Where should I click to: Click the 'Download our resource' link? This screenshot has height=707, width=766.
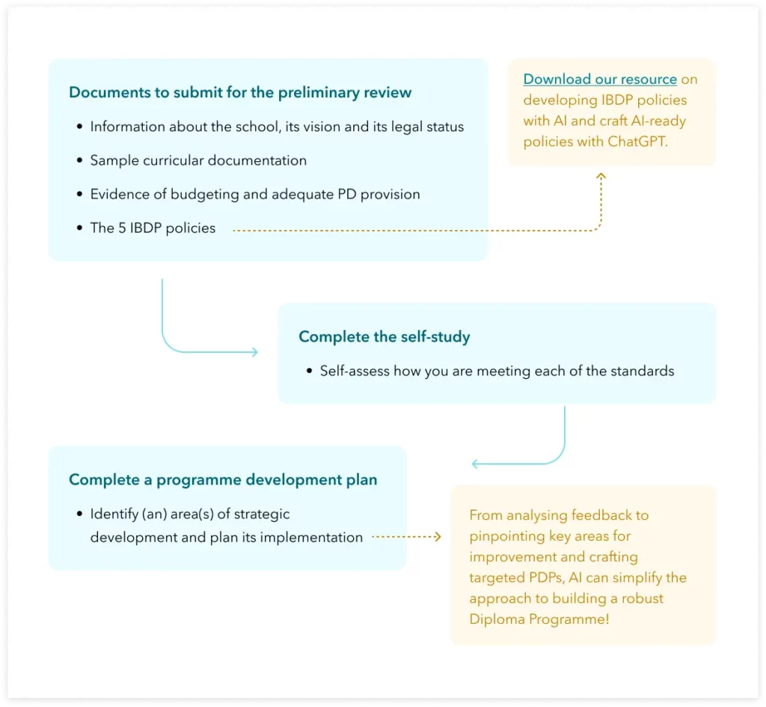coord(600,79)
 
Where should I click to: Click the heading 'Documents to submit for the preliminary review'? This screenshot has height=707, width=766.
coord(240,93)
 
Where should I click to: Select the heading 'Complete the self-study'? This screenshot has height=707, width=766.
coord(384,337)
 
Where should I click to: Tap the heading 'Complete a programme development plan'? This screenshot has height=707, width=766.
coord(223,479)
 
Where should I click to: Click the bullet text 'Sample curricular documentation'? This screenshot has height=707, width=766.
coord(198,160)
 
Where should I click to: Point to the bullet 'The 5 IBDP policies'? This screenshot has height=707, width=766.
coord(153,228)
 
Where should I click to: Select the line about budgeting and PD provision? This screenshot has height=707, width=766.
coord(255,194)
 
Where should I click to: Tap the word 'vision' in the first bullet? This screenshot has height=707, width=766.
coord(315,127)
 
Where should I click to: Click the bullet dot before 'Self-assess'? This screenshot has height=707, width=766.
coord(310,371)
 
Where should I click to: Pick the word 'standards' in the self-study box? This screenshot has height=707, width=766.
coord(643,371)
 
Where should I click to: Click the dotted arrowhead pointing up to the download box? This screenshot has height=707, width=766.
coord(601,177)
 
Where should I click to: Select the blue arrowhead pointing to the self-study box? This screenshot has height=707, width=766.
coord(254,351)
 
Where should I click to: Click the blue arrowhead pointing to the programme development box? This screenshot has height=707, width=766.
coord(476,464)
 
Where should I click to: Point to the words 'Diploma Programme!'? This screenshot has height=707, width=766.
coord(539,619)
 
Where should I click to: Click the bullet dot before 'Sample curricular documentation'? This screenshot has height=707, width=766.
coord(80,161)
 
